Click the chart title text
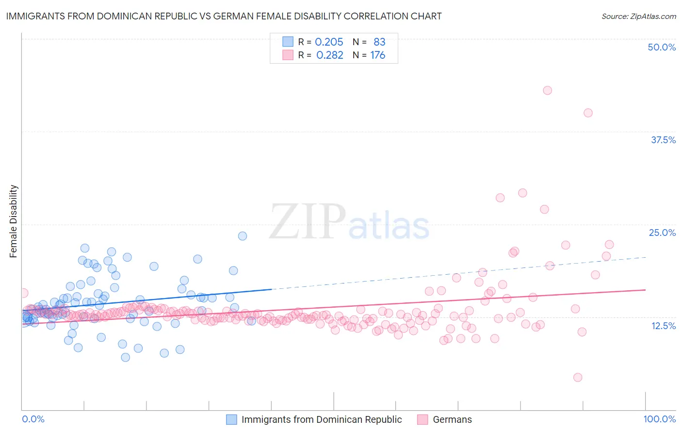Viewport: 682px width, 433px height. coord(223,16)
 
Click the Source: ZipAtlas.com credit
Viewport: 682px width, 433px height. coord(638,16)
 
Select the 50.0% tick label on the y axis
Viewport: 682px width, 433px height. coord(662,47)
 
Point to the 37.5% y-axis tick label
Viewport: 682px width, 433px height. coord(663,140)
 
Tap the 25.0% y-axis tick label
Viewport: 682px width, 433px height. coord(662,233)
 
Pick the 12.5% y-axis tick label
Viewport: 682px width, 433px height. coord(663,326)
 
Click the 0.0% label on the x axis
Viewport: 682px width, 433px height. coord(33,419)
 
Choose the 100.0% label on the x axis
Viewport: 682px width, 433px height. coord(659,419)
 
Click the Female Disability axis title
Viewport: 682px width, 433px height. coord(14,221)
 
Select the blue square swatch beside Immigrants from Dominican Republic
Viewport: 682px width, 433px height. coord(232,419)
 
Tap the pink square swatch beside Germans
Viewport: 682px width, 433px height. coord(422,419)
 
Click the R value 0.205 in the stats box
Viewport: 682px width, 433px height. coord(329,42)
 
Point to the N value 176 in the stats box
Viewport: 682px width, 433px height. coord(377,55)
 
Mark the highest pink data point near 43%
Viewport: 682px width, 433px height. coord(547,90)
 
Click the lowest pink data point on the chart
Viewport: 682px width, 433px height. coord(577,377)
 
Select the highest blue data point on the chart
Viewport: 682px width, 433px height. coord(243,236)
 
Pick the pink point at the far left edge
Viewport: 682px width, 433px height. coord(23,293)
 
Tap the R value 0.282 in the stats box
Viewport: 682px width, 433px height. coord(329,55)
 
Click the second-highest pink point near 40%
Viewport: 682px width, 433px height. coord(588,113)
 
